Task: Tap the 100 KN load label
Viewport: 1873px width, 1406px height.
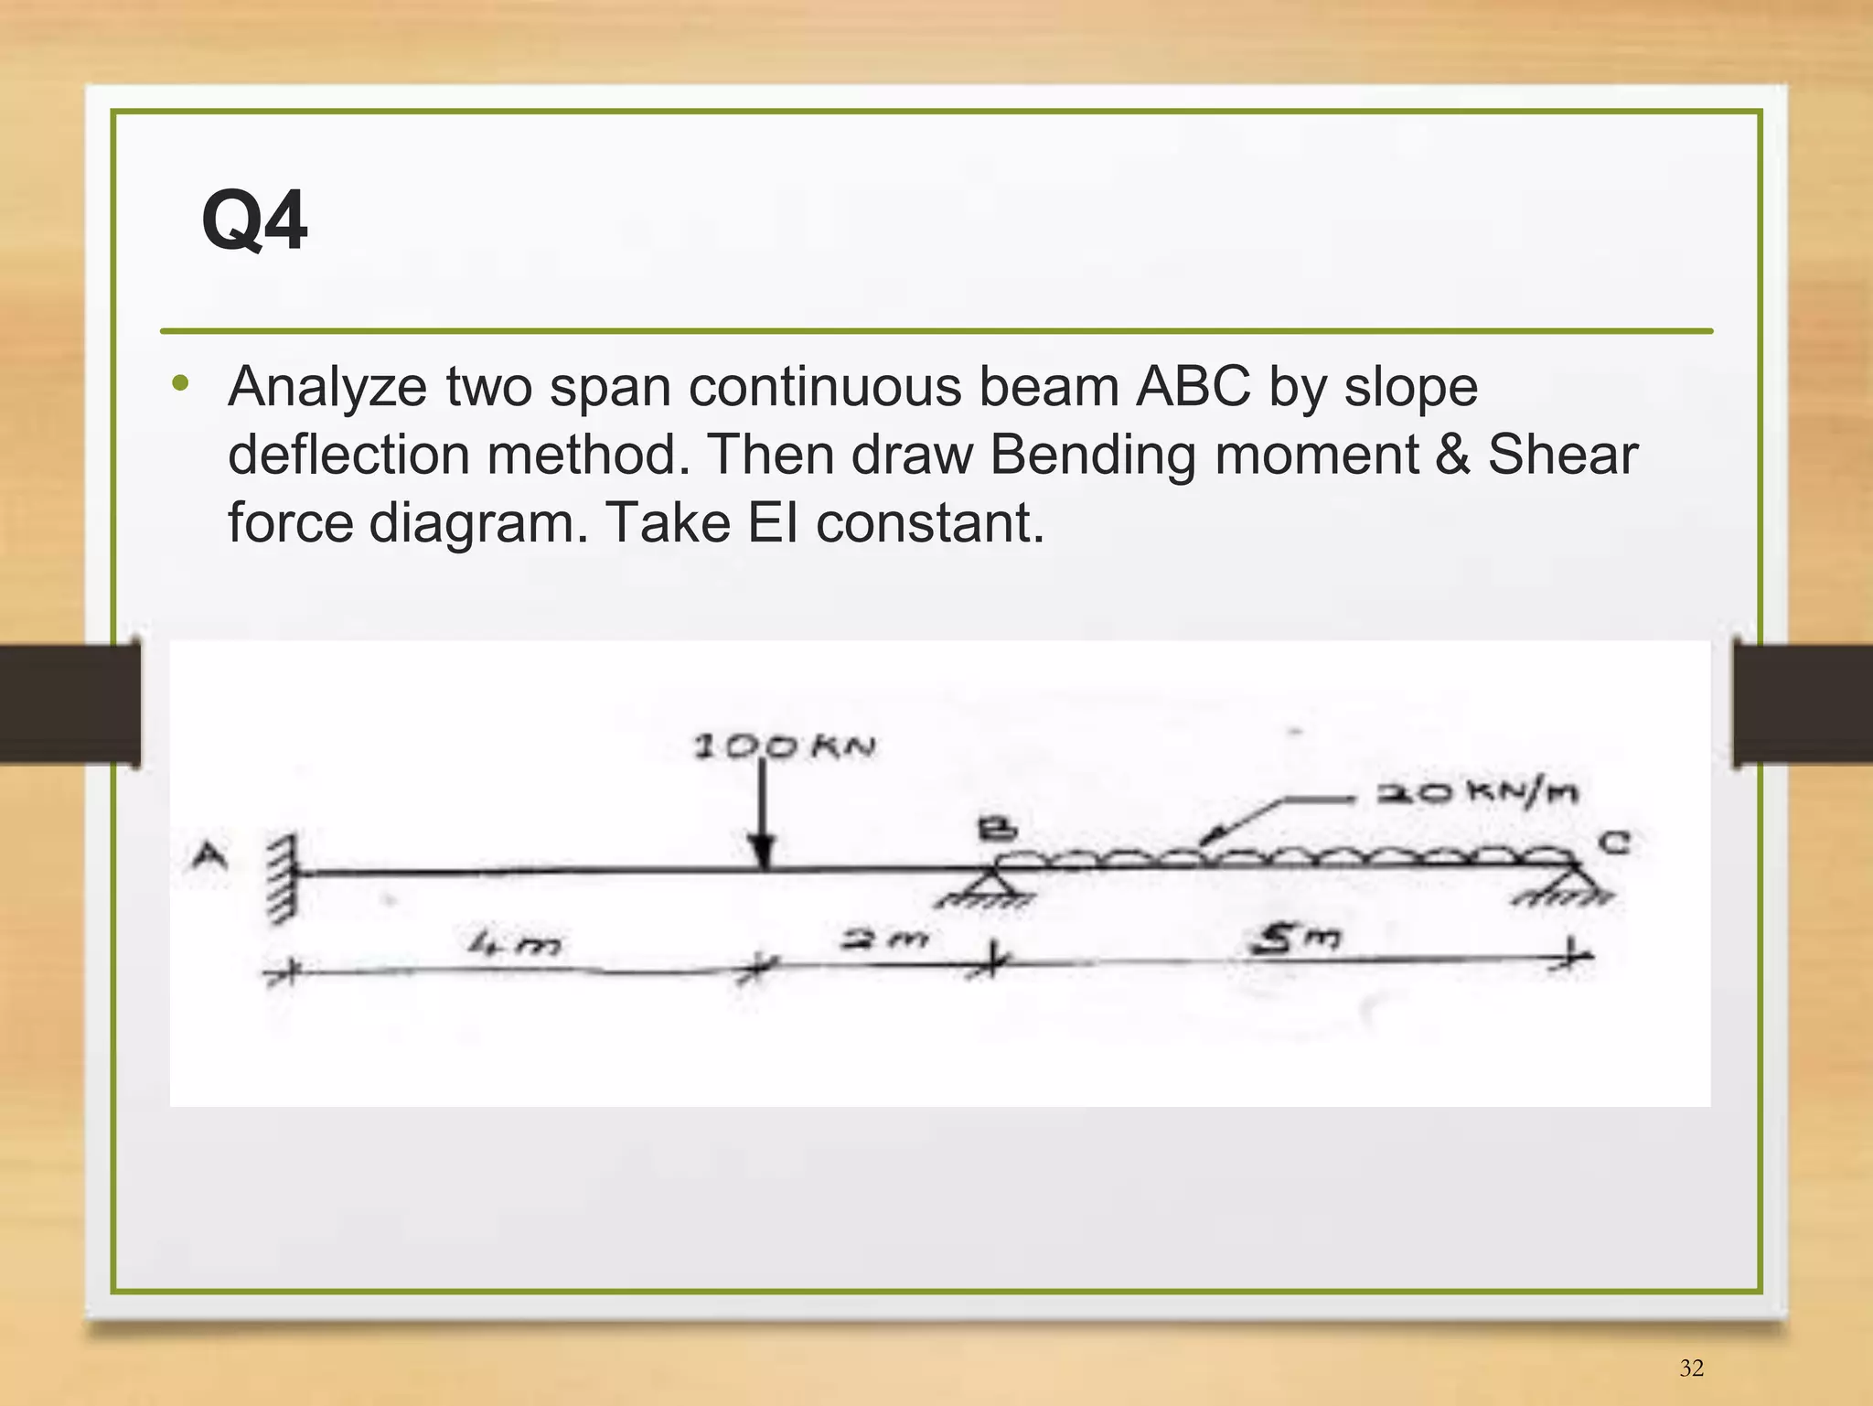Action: [785, 747]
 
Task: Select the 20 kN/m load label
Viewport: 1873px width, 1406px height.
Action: [1477, 792]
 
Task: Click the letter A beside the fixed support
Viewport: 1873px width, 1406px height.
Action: [209, 857]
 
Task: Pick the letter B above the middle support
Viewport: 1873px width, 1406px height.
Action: [997, 830]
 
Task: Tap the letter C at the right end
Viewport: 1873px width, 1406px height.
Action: [1615, 842]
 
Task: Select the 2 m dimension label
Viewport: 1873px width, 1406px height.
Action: [884, 938]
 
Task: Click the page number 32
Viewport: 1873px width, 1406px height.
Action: [1692, 1368]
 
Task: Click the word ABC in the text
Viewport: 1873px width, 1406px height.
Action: [1193, 386]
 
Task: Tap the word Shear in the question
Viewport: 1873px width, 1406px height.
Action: [1562, 455]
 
